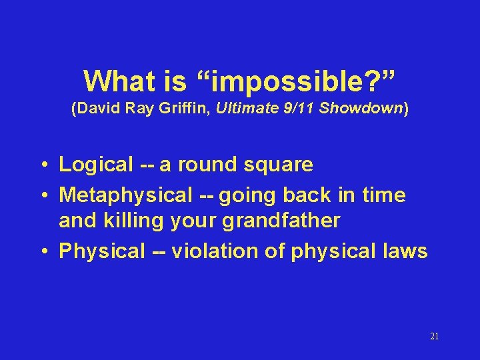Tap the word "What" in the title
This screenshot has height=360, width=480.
pos(115,81)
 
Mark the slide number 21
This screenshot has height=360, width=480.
pos(434,337)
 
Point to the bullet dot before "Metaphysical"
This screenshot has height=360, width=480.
pos(43,196)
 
